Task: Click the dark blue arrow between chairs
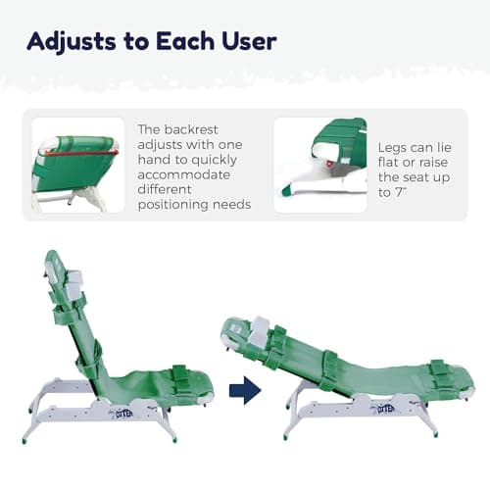point(245,391)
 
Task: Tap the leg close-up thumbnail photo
point(319,165)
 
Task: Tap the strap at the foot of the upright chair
point(181,373)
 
